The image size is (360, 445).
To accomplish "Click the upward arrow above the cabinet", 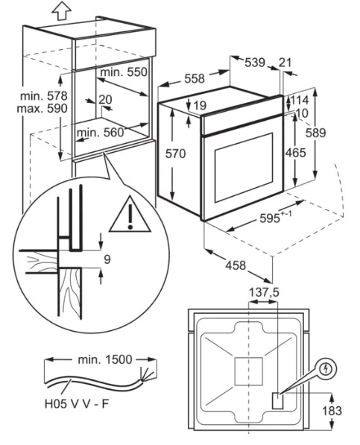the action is point(62,10).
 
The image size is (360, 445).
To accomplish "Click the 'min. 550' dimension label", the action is point(124,72).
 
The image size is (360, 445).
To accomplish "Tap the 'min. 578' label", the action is point(43,96).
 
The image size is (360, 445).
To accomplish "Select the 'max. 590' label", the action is point(42,108).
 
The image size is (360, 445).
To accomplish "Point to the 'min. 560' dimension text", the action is point(101,133).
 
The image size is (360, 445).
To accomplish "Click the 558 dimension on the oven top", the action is point(195,78).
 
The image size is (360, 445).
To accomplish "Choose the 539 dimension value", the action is point(255,63).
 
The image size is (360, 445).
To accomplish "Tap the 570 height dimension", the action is point(176,154).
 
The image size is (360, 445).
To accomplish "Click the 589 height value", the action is point(315,133).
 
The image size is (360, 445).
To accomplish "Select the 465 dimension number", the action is point(296,153).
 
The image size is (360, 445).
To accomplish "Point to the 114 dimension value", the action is point(300,100).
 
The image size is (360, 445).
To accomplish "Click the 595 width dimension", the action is point(270,218).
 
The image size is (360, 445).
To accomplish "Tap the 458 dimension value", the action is point(236,265).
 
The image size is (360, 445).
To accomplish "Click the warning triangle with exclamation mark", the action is point(130,215).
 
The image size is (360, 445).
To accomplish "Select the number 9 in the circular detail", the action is point(107,259).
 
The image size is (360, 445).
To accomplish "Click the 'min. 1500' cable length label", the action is point(105,359).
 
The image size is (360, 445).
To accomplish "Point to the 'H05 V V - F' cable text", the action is point(77,404).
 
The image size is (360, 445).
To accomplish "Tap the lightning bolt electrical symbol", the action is point(326,369).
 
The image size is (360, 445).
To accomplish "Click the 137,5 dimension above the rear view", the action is point(264,292).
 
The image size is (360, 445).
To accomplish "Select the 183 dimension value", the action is point(332,411).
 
